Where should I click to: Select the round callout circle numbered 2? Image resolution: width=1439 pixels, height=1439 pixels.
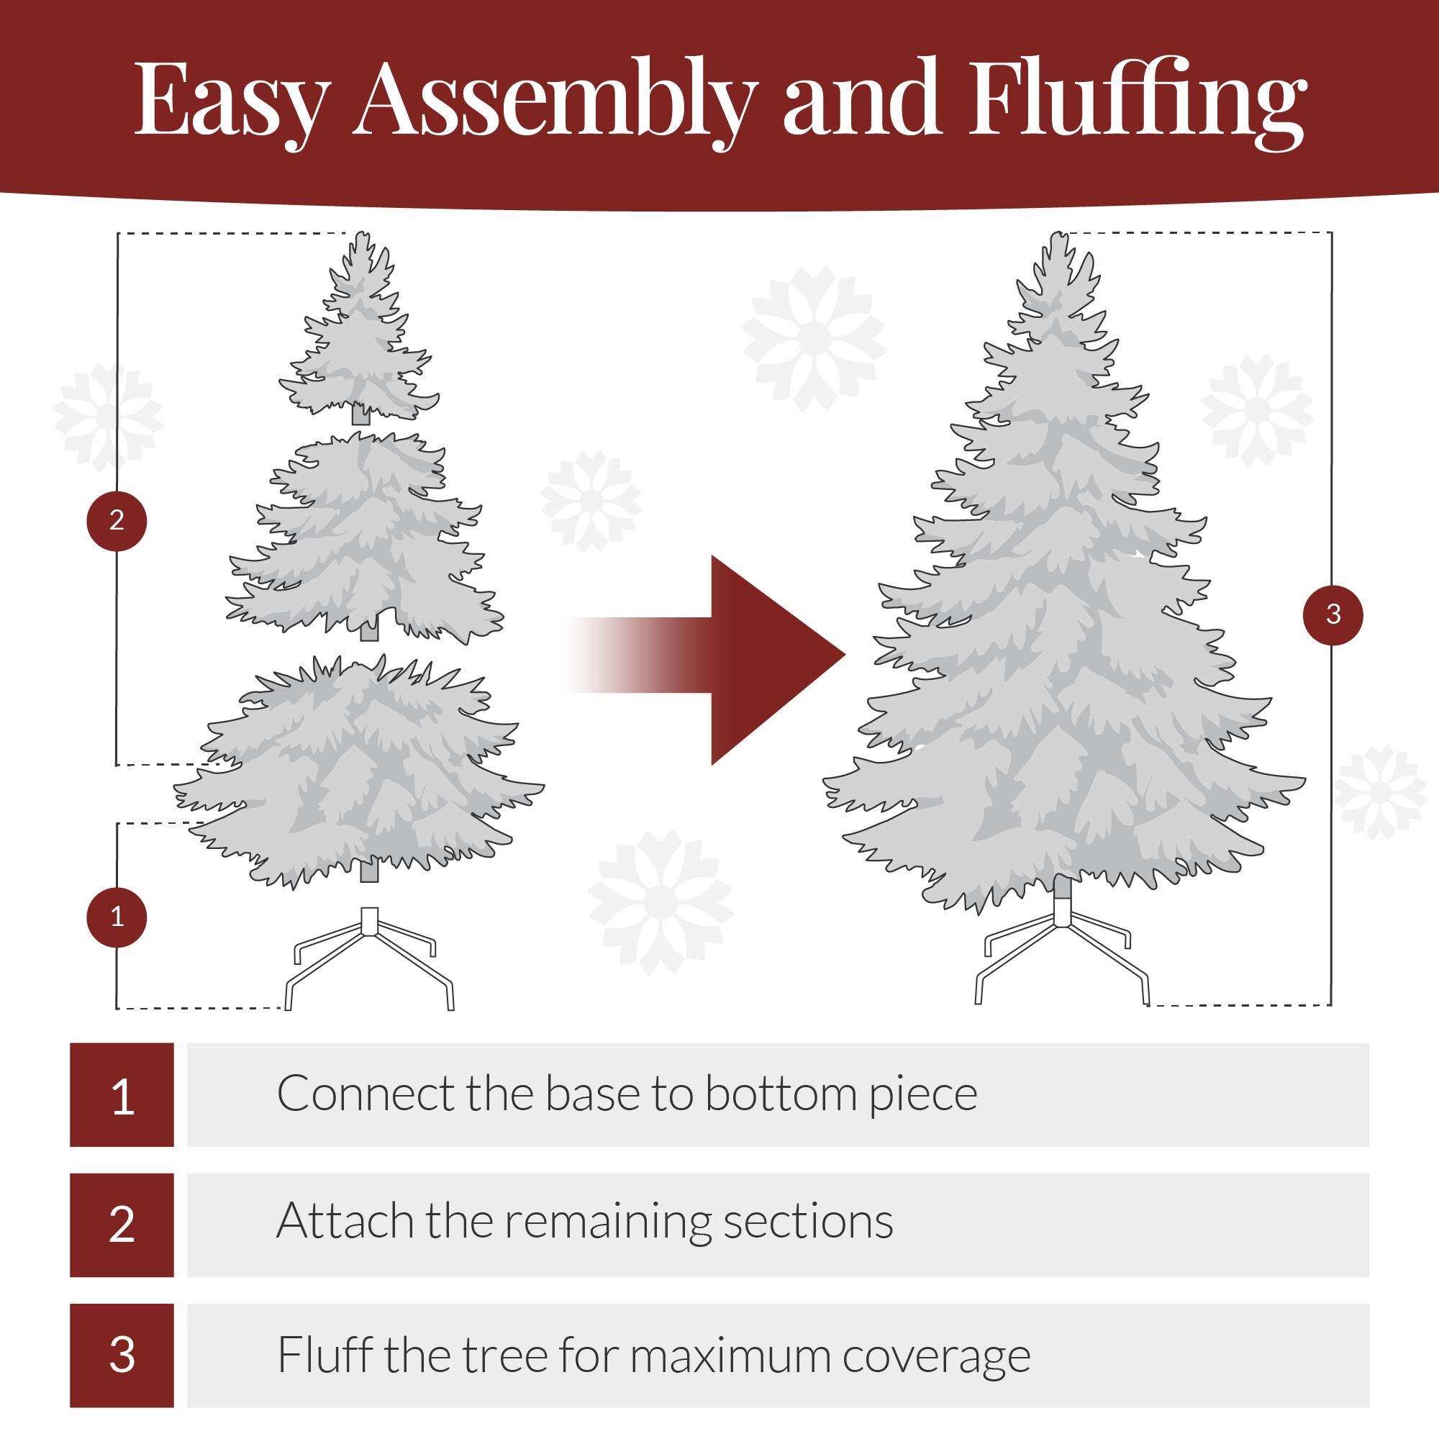117,521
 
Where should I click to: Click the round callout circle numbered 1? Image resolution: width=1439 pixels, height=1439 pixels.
117,917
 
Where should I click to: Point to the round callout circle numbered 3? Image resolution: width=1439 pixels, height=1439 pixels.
1333,614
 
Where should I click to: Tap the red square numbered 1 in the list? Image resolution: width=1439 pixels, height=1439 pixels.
122,1095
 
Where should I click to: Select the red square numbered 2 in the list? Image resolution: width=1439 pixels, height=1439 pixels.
122,1225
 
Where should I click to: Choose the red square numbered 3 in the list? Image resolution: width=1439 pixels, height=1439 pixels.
122,1356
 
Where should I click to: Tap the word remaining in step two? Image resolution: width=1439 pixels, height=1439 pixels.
609,1225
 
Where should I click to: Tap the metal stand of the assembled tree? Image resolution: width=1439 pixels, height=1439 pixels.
1061,957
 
